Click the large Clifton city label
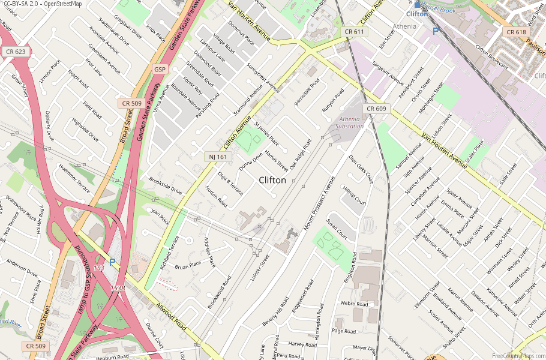pos(272,180)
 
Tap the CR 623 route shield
pos(16,52)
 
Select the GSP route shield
pos(160,69)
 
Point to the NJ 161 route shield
pos(218,156)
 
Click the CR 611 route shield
pos(353,31)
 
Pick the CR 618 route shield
pos(516,32)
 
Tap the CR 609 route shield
pos(376,109)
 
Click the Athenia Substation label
pos(350,122)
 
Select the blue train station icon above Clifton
pos(417,5)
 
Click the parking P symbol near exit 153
pos(112,262)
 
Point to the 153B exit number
pos(118,288)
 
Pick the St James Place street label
pos(266,134)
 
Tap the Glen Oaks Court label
pos(361,169)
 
